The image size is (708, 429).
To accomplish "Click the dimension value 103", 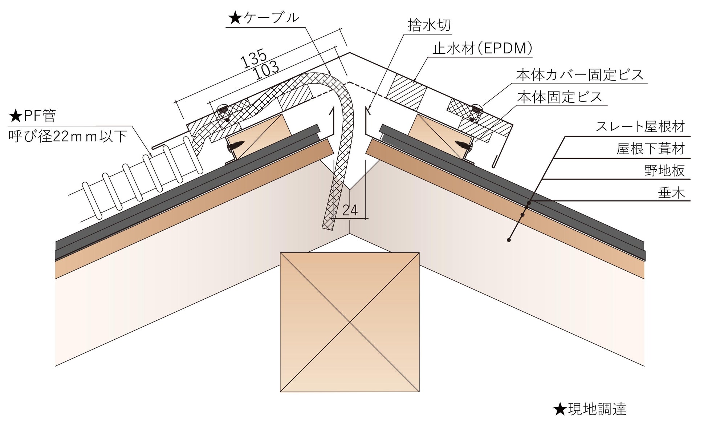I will pyautogui.click(x=267, y=70).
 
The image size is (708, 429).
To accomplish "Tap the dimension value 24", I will pyautogui.click(x=350, y=210).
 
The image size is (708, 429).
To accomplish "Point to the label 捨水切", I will pyautogui.click(x=429, y=25).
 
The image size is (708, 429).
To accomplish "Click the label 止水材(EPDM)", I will pyautogui.click(x=482, y=48).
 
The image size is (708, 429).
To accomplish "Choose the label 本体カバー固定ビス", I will pyautogui.click(x=580, y=75).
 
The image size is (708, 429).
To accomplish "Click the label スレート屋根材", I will pyautogui.click(x=640, y=126).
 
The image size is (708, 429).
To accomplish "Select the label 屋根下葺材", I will pyautogui.click(x=650, y=149).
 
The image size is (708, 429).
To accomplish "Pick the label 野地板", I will pyautogui.click(x=664, y=170).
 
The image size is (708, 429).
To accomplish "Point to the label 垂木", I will pyautogui.click(x=671, y=193).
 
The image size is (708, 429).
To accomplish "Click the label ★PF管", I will pyautogui.click(x=33, y=116).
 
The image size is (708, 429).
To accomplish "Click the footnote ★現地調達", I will pyautogui.click(x=590, y=409).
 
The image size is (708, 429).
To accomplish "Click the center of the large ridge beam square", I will pyautogui.click(x=350, y=322).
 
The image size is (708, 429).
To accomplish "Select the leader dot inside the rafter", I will pyautogui.click(x=509, y=240).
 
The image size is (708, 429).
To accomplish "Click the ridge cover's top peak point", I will pyautogui.click(x=350, y=53).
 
